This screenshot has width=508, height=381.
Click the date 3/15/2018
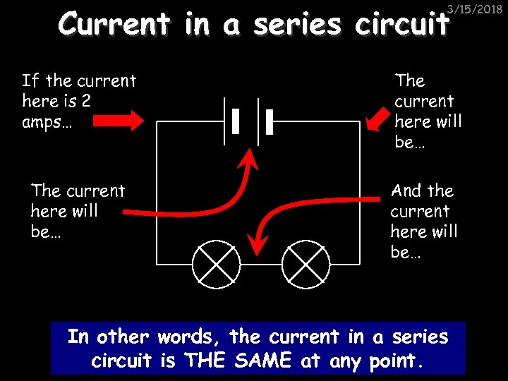(478, 8)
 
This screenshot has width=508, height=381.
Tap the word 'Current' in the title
(115, 25)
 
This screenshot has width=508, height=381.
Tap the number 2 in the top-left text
(85, 101)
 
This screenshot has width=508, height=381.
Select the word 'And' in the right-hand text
(406, 190)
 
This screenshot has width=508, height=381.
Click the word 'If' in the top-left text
(30, 80)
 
